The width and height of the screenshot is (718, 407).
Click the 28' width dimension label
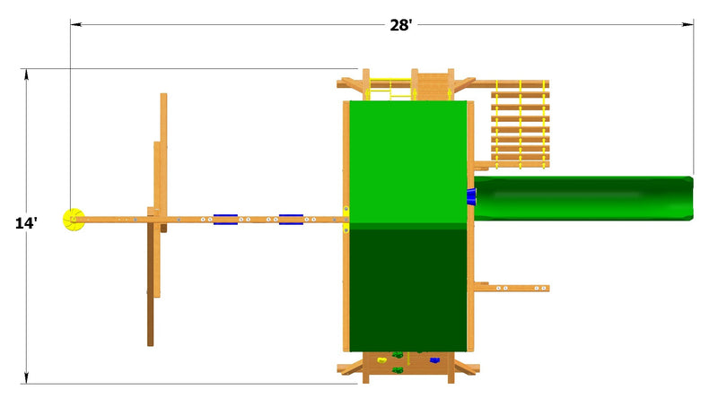[x=400, y=25]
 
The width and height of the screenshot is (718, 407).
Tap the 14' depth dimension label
[x=26, y=223]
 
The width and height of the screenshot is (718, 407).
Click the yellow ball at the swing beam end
[x=74, y=220]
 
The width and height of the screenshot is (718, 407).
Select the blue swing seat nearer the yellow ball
[x=225, y=220]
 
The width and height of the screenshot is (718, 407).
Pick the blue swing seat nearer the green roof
[x=291, y=220]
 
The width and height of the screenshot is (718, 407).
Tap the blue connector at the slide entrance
[x=471, y=196]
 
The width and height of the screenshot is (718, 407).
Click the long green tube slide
[x=583, y=198]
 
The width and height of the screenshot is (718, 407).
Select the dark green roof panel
[x=408, y=290]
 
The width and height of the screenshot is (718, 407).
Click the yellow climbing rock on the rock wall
[x=382, y=360]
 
